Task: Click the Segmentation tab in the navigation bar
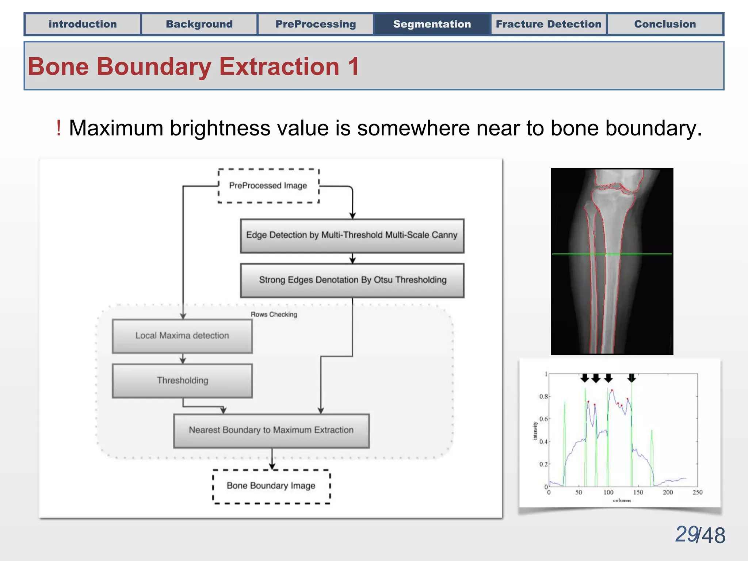(x=432, y=24)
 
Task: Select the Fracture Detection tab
(x=548, y=24)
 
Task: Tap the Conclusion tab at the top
(x=665, y=24)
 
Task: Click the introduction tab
(x=83, y=24)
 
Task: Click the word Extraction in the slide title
(x=279, y=67)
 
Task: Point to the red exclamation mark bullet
(x=58, y=129)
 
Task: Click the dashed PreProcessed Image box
(x=268, y=186)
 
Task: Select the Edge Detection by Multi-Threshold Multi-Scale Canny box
(x=352, y=235)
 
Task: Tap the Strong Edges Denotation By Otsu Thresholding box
(x=352, y=280)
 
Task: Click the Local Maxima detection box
(x=182, y=336)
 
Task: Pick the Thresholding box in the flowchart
(x=182, y=381)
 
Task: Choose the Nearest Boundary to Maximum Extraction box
(x=271, y=430)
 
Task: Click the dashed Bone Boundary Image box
(x=271, y=486)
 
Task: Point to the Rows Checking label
(x=274, y=314)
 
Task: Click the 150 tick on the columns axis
(x=638, y=492)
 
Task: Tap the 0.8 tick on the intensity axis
(x=543, y=397)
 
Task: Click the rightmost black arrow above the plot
(x=631, y=378)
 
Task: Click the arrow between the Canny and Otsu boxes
(x=352, y=259)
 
